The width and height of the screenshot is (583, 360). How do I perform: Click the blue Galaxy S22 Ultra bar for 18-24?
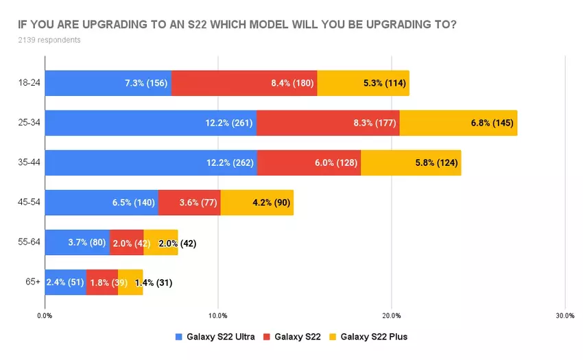tap(108, 83)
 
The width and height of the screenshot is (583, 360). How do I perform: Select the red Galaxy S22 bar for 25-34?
tap(328, 123)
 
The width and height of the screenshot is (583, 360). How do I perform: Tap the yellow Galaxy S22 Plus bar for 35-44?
tap(411, 163)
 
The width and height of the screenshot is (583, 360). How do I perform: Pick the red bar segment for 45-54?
tap(189, 203)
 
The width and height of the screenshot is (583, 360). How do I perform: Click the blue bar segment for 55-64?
tap(77, 243)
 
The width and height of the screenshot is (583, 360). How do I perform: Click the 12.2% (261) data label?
tap(229, 123)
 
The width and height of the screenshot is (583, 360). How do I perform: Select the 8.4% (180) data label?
tap(292, 83)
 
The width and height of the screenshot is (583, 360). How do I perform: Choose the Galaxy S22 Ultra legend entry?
tap(215, 336)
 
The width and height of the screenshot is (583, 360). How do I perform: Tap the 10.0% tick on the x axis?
tap(217, 315)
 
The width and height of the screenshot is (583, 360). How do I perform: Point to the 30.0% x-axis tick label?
tap(564, 315)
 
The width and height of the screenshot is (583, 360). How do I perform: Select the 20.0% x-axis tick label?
tap(391, 315)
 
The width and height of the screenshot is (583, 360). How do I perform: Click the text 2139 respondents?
tap(49, 40)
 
